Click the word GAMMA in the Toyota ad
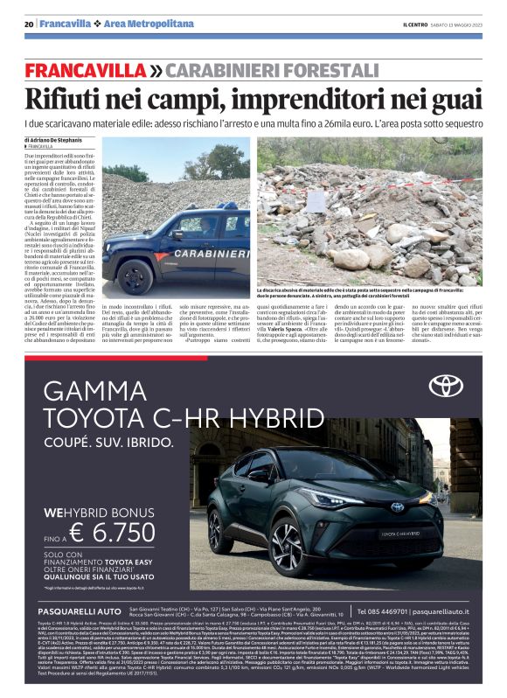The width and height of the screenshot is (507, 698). click(101, 390)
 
